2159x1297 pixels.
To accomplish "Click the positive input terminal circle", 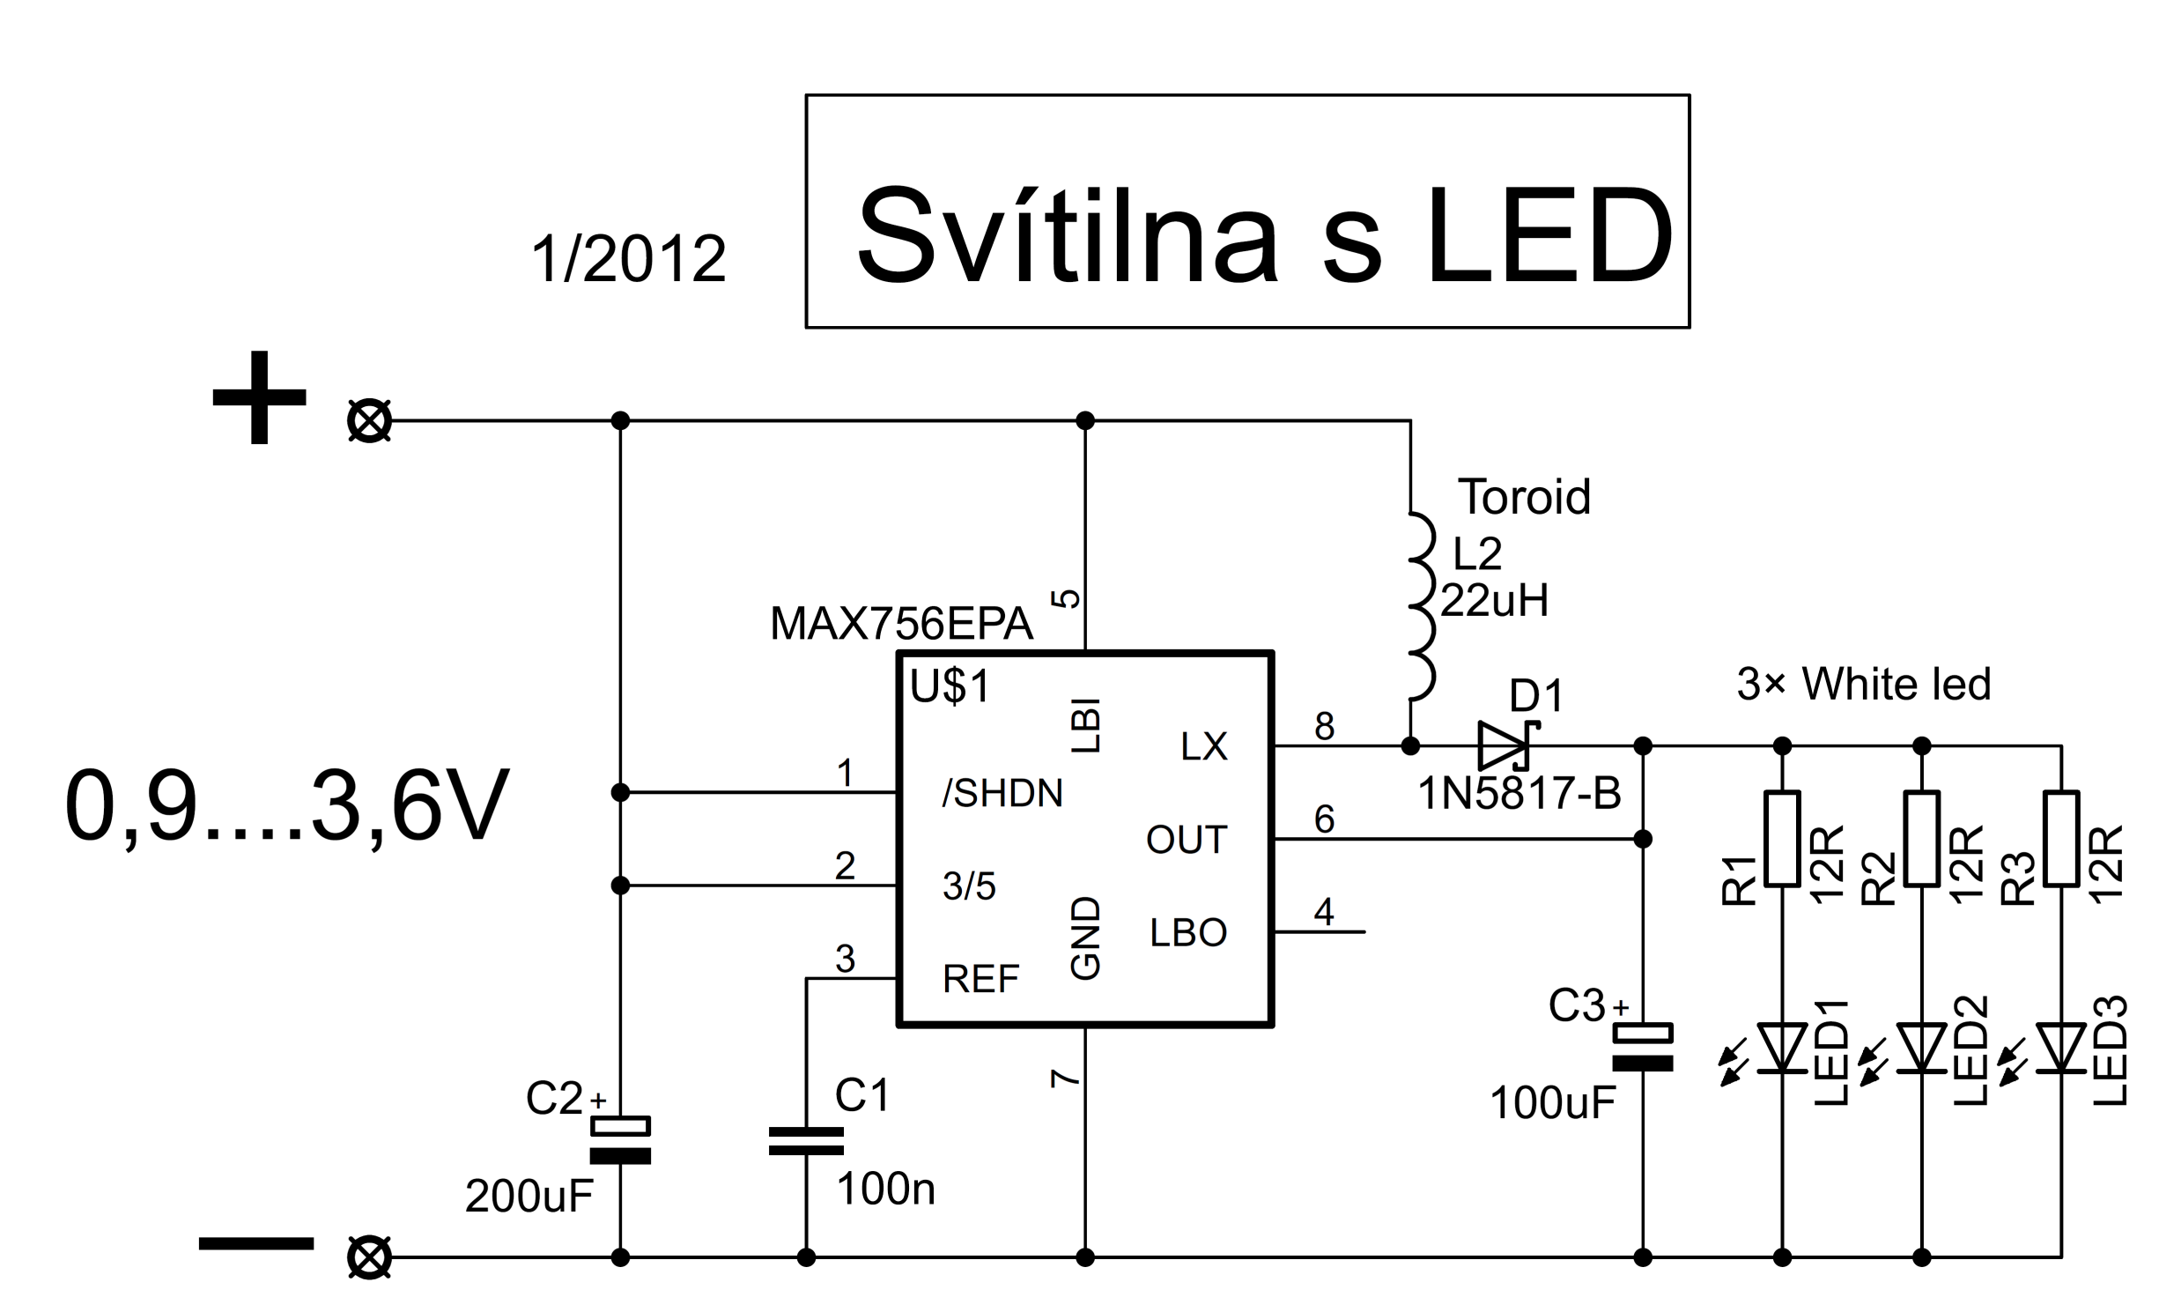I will pyautogui.click(x=369, y=420).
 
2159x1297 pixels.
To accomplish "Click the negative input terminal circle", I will pyautogui.click(x=369, y=1257).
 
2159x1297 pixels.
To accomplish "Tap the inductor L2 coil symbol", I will pyautogui.click(x=1419, y=606).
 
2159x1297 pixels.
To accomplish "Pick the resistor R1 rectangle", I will pyautogui.click(x=1782, y=838).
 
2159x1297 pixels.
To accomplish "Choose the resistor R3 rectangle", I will pyautogui.click(x=2061, y=838).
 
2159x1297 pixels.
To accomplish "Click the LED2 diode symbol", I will pyautogui.click(x=1921, y=1049).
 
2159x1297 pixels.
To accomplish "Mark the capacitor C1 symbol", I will pyautogui.click(x=806, y=1141).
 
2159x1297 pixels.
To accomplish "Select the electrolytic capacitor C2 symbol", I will pyautogui.click(x=620, y=1140).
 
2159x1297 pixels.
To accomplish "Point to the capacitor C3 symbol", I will pyautogui.click(x=1642, y=1048).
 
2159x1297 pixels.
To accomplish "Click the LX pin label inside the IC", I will pyautogui.click(x=1203, y=747).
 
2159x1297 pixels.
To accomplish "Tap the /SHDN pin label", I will pyautogui.click(x=1002, y=794).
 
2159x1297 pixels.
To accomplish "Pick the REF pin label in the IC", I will pyautogui.click(x=980, y=979).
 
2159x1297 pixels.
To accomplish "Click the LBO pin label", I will pyautogui.click(x=1188, y=933).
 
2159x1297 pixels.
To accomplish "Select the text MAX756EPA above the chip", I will pyautogui.click(x=900, y=624).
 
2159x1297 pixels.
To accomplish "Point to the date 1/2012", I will pyautogui.click(x=628, y=259).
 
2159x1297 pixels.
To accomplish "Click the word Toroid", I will pyautogui.click(x=1524, y=496).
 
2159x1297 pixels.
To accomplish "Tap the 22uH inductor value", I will pyautogui.click(x=1494, y=601).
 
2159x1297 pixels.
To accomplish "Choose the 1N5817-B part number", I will pyautogui.click(x=1519, y=794).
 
